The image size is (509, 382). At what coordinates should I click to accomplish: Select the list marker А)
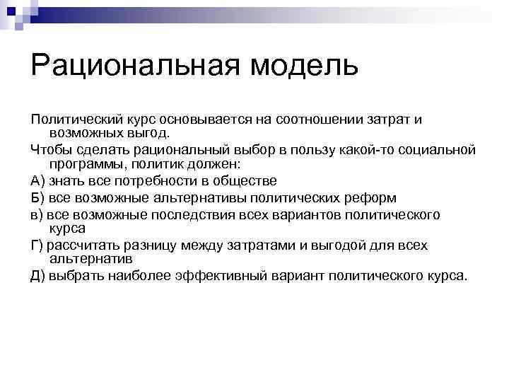(x=38, y=181)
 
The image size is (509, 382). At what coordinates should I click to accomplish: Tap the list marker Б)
(x=38, y=197)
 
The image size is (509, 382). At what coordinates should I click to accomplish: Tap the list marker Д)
(x=39, y=276)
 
